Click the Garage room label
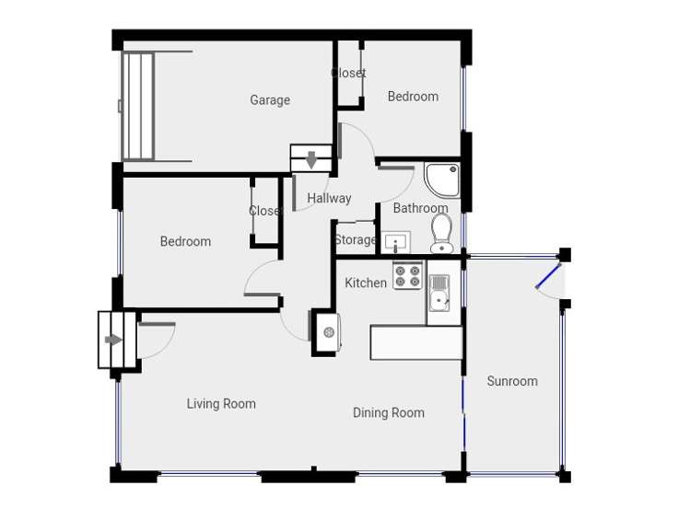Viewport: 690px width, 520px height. pyautogui.click(x=270, y=100)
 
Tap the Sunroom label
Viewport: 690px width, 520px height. pyautogui.click(x=512, y=381)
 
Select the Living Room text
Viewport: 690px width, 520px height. pyautogui.click(x=221, y=403)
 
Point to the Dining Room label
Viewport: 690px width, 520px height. pyautogui.click(x=389, y=412)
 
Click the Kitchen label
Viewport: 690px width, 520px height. pyautogui.click(x=366, y=283)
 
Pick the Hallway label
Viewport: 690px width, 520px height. pyautogui.click(x=329, y=198)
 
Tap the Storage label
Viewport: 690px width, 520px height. pyautogui.click(x=355, y=239)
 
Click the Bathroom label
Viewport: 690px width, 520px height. pyautogui.click(x=420, y=208)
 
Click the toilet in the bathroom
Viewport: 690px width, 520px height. pyautogui.click(x=441, y=232)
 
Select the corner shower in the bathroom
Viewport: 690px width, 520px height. pyautogui.click(x=443, y=179)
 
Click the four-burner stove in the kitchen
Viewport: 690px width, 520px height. pyautogui.click(x=407, y=276)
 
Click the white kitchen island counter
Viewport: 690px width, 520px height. pyautogui.click(x=415, y=342)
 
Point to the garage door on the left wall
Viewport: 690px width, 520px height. pyautogui.click(x=137, y=106)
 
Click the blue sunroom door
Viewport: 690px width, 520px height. pyautogui.click(x=548, y=276)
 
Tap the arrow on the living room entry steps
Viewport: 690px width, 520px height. pyautogui.click(x=113, y=340)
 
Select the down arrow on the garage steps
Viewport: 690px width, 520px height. pyautogui.click(x=311, y=159)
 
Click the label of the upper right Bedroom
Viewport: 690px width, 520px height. pyautogui.click(x=413, y=97)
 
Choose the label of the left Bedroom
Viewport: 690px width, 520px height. pyautogui.click(x=185, y=241)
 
